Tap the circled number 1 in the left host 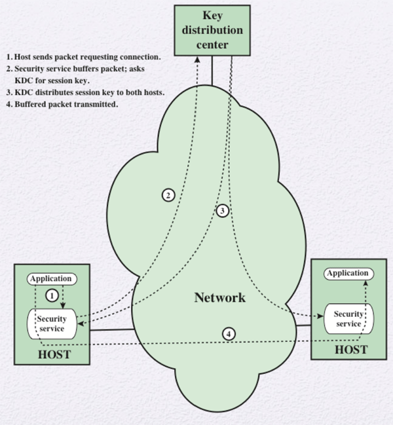(x=50, y=295)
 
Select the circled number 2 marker (x=168, y=195)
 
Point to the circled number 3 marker (x=223, y=211)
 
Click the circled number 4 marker (x=228, y=333)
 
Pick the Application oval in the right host (x=348, y=272)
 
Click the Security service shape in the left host (x=51, y=323)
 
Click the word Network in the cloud (x=219, y=298)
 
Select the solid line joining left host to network (x=111, y=330)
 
